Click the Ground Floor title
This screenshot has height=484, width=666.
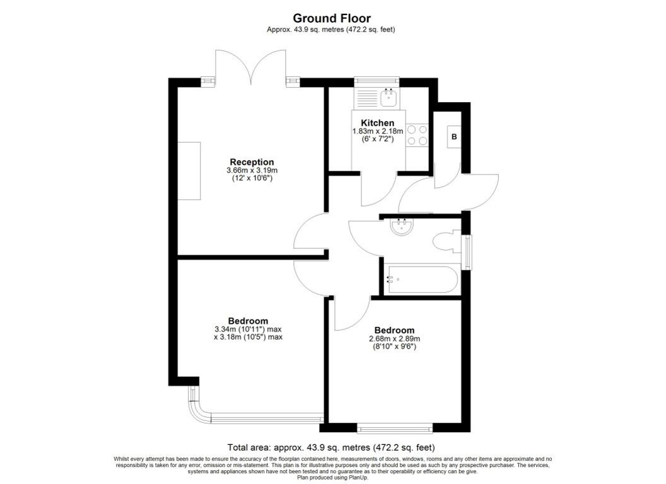(x=332, y=18)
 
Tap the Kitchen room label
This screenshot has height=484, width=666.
(x=378, y=123)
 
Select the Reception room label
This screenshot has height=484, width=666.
(x=252, y=162)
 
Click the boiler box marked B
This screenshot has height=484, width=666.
(x=454, y=137)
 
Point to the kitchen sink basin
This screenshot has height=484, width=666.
(x=389, y=97)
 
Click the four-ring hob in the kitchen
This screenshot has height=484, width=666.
(x=417, y=135)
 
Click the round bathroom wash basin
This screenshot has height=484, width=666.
(x=401, y=226)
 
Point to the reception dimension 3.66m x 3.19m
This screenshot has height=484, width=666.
(x=252, y=171)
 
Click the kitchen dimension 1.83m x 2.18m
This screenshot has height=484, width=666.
(x=378, y=132)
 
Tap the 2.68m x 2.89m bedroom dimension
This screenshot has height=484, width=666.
(x=395, y=339)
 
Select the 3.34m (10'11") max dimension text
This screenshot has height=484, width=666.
(x=248, y=329)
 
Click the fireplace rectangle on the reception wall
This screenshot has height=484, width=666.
(x=189, y=171)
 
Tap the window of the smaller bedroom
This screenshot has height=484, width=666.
(x=395, y=428)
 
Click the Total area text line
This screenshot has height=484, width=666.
(x=331, y=447)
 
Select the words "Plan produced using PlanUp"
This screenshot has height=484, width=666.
(x=332, y=477)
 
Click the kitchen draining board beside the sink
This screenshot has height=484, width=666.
(x=366, y=98)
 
